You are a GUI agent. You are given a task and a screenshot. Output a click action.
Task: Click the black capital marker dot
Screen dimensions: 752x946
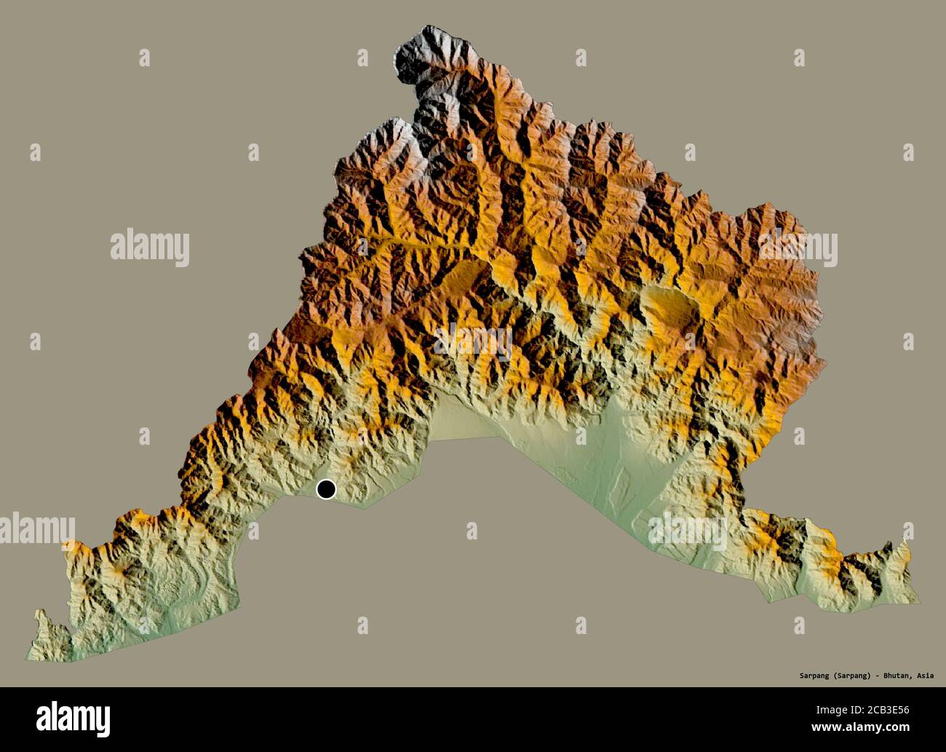pos(326,489)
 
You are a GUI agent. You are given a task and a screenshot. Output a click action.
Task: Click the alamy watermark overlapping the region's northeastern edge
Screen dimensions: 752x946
pos(798,250)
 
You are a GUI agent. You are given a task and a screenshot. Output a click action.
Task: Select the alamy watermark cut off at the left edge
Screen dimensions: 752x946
pos(36,529)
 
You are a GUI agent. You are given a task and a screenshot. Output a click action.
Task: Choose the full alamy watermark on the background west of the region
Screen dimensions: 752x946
pos(150,248)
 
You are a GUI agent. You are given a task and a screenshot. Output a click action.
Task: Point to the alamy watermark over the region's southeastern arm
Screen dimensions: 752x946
pos(688,531)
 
